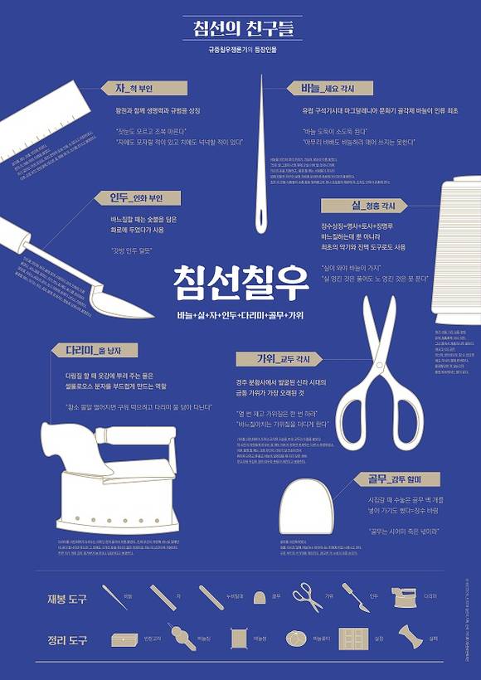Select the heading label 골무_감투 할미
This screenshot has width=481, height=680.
click(386, 478)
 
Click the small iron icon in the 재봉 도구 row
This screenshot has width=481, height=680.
click(405, 596)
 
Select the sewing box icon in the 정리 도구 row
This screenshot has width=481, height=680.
click(124, 640)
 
